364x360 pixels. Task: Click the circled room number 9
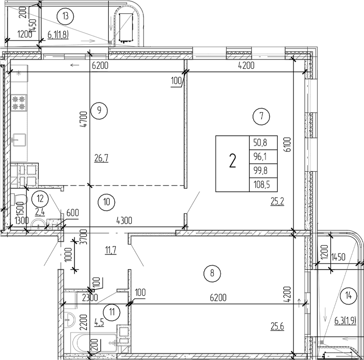[100, 109]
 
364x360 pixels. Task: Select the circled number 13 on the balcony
[65, 16]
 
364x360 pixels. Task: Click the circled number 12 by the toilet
[39, 196]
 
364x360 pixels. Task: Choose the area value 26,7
[101, 158]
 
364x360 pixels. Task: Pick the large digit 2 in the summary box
[233, 163]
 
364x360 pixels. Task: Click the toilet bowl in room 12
[18, 198]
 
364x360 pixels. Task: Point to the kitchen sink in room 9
[19, 138]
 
